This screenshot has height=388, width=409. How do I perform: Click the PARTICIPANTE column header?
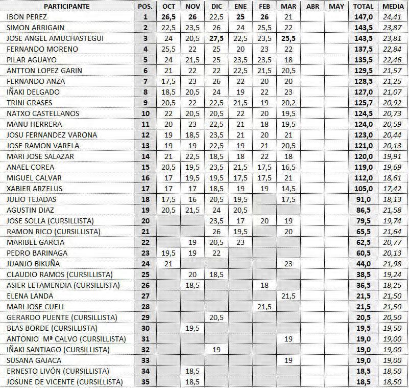click(x=66, y=6)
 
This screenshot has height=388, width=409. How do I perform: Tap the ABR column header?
click(x=312, y=6)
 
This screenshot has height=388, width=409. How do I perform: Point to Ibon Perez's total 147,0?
click(x=363, y=17)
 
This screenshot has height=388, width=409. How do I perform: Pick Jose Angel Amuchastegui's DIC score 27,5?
click(x=216, y=38)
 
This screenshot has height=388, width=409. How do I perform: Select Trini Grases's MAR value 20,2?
click(x=288, y=103)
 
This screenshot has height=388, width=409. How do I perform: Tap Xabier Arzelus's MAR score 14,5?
click(x=288, y=189)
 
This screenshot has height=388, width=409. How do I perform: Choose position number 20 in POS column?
click(x=145, y=221)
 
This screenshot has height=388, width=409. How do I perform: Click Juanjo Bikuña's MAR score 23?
click(x=288, y=264)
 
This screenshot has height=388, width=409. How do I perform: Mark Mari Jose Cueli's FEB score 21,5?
click(x=264, y=307)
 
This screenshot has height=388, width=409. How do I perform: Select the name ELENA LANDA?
click(x=27, y=296)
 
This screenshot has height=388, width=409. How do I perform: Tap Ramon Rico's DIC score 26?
click(x=216, y=232)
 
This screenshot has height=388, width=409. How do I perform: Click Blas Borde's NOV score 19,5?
click(x=192, y=328)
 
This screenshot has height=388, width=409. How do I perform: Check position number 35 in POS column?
click(x=145, y=382)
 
